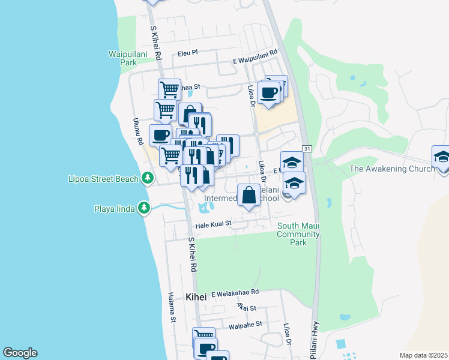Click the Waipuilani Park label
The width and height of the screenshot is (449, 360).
tap(124, 58)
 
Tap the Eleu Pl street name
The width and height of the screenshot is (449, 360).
tap(188, 53)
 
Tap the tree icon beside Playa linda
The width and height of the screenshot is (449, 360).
tap(143, 208)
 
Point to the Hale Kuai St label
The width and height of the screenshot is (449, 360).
tap(214, 225)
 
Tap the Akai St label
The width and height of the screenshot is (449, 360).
tap(246, 308)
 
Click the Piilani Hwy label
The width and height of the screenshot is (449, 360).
tap(315, 342)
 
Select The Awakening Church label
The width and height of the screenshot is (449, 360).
tap(392, 169)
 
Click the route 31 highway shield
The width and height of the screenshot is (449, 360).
tap(306, 148)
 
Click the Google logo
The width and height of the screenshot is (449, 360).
tap(20, 353)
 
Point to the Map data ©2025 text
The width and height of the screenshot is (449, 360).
tap(423, 355)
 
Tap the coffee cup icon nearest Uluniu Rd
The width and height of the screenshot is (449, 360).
tap(160, 135)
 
